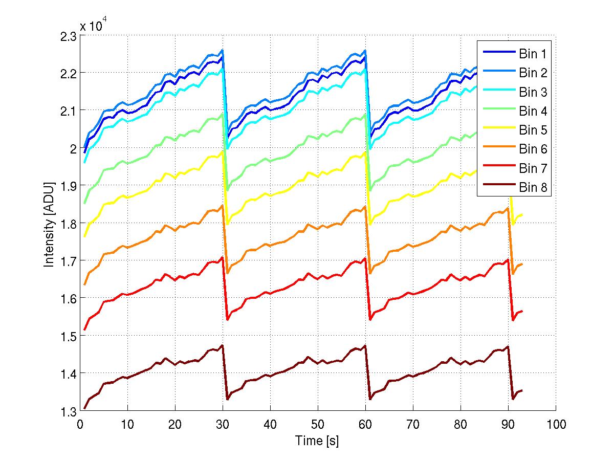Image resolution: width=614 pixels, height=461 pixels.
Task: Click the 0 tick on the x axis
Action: tap(80, 424)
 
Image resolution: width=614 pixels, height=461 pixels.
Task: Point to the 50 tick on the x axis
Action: tap(318, 424)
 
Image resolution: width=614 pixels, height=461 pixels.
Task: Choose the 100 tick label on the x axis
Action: tap(555, 424)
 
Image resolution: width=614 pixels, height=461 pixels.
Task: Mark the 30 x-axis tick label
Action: tap(223, 424)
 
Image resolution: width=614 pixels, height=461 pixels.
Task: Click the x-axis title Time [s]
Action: tap(317, 441)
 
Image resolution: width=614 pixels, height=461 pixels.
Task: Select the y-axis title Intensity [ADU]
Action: tap(49, 224)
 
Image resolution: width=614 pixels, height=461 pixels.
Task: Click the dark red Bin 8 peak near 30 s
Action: tap(223, 345)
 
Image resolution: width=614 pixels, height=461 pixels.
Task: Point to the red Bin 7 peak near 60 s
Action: tap(365, 258)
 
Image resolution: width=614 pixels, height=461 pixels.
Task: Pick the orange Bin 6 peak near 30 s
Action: tap(223, 206)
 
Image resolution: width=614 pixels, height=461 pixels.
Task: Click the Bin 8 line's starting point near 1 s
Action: tap(85, 408)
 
